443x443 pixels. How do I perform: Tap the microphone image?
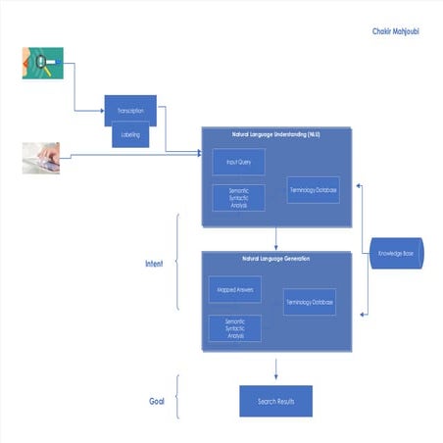coord(43,63)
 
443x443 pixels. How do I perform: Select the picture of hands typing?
coord(41,158)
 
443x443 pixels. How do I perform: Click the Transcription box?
coord(130,111)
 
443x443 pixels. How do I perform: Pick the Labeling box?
coord(130,135)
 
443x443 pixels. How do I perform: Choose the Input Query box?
coord(239,162)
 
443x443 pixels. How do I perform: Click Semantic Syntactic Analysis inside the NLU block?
coord(239,197)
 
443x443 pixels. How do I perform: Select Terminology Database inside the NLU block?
coord(314,189)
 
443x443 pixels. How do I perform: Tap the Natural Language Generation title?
coord(275,259)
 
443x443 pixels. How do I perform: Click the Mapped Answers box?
coord(233,289)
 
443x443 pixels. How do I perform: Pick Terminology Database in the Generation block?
coord(310,302)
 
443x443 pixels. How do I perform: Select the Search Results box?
coord(275,401)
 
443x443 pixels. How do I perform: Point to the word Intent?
coord(154,264)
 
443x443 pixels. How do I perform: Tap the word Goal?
coord(155,401)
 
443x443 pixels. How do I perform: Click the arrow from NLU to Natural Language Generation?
coord(275,237)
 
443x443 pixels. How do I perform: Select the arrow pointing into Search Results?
coord(275,369)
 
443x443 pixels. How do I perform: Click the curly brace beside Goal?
coord(176,399)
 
